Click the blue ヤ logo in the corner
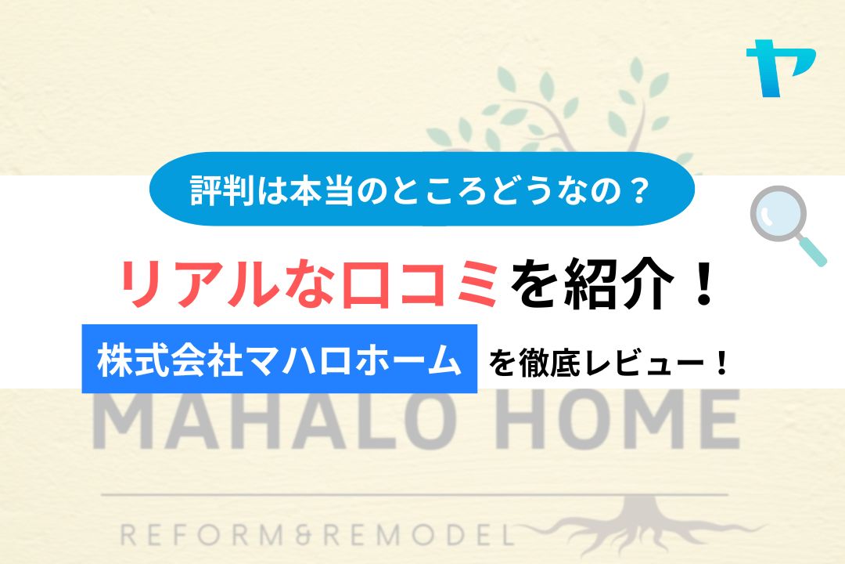tap(780, 67)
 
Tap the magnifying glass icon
tap(787, 225)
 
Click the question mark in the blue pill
tap(640, 190)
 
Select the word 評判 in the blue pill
tap(222, 190)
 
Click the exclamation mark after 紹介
tap(702, 284)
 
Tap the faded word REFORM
tap(200, 535)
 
